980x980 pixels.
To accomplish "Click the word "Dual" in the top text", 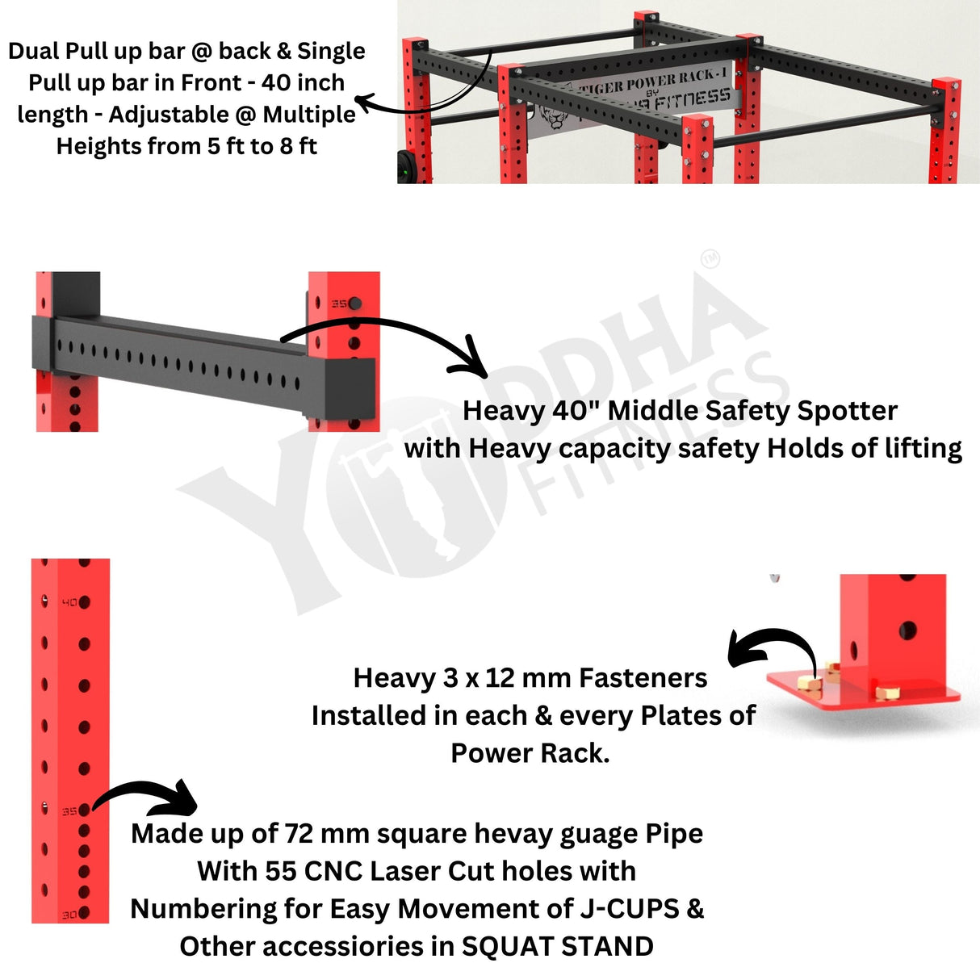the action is pos(34,51).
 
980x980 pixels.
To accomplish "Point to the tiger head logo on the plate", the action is pos(553,117).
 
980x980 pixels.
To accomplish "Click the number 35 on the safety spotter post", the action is pos(339,304).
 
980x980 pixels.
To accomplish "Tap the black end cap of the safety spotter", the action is pos(350,388).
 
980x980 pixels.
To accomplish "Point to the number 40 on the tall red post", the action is pos(69,603).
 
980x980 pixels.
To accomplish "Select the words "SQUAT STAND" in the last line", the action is pos(557,946).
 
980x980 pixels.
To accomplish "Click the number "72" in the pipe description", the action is pos(299,834).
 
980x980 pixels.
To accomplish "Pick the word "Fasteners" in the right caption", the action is pos(643,678).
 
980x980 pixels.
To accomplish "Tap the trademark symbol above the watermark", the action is pos(710,259).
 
